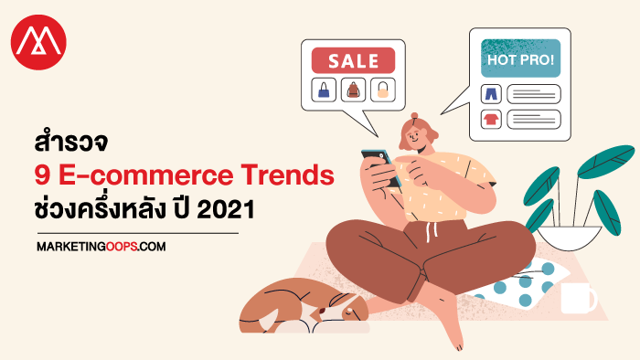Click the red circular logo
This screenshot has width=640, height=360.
(x=38, y=42)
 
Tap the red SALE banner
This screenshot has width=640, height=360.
(x=353, y=60)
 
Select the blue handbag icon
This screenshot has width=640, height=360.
(x=324, y=90)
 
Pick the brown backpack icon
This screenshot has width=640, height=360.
(x=353, y=90)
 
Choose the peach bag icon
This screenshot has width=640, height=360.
(x=383, y=90)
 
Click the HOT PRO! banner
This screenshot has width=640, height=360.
(x=520, y=58)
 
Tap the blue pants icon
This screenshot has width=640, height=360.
(x=491, y=94)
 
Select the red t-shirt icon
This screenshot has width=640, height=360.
(x=491, y=119)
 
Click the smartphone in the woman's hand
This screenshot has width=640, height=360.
(x=381, y=167)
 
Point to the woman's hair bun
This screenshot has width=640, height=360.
(x=414, y=116)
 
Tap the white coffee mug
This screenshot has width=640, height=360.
(x=578, y=298)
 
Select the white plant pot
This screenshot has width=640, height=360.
(x=570, y=238)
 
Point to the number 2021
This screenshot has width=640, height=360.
(x=226, y=209)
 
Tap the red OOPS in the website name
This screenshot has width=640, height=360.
(x=122, y=247)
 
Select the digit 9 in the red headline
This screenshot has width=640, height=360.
(x=42, y=175)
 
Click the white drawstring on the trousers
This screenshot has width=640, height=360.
(x=431, y=230)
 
